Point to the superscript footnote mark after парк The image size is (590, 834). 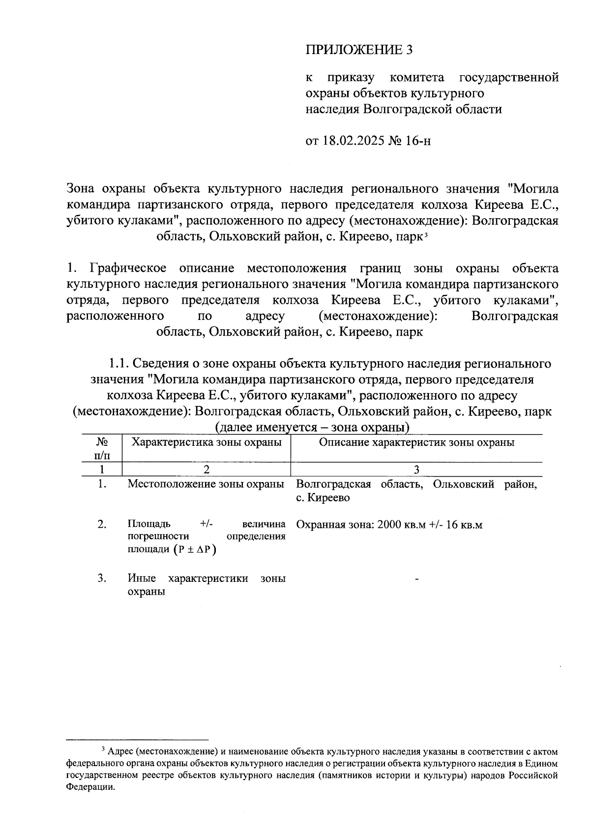pyautogui.click(x=425, y=234)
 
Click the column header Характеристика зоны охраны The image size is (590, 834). pyautogui.click(x=206, y=442)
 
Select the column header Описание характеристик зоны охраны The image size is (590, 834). pyautogui.click(x=416, y=442)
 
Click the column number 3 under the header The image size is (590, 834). pyautogui.click(x=416, y=469)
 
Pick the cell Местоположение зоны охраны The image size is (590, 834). pyautogui.click(x=206, y=484)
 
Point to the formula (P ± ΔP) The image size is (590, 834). pyautogui.click(x=195, y=549)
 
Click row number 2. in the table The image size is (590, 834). pyautogui.click(x=102, y=524)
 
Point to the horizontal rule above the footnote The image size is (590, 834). pyautogui.click(x=137, y=740)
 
